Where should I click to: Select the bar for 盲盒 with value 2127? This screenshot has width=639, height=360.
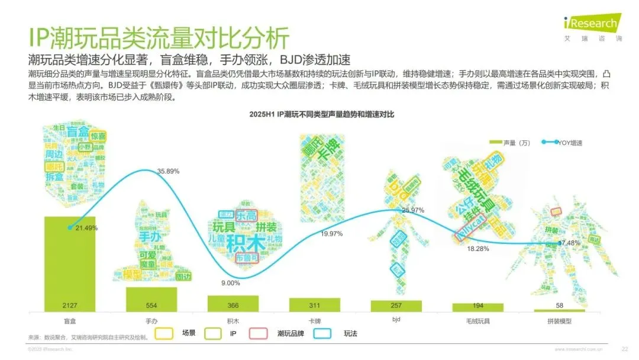70,263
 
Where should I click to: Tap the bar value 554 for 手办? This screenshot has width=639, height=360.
151,306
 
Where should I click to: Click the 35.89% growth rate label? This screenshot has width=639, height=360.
169,171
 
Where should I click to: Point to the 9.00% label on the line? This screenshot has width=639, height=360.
230,283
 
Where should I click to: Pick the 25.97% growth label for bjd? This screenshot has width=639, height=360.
413,210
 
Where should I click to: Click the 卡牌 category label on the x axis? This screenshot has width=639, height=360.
314,320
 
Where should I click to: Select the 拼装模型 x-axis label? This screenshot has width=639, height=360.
559,320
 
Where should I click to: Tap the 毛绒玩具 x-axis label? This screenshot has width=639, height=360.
477,320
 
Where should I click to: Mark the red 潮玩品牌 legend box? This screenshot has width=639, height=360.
260,334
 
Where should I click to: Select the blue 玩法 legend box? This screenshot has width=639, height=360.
323,334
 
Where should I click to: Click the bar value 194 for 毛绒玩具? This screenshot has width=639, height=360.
477,306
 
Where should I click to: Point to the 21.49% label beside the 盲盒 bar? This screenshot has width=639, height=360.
86,228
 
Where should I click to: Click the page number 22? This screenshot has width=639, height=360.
625,349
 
